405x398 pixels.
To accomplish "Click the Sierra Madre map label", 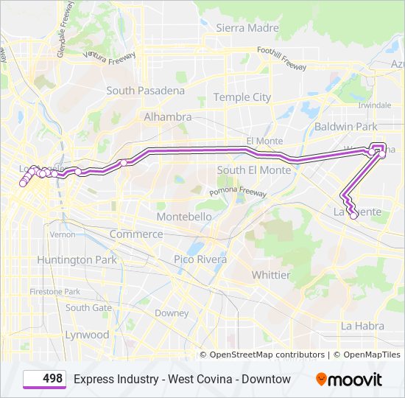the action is (x=247, y=28).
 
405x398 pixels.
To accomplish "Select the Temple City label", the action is (x=242, y=97).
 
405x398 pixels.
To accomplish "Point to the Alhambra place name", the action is (x=167, y=116).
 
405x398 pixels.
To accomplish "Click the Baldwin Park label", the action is (x=345, y=127).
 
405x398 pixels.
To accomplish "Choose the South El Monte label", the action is (x=251, y=170).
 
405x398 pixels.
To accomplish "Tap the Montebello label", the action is (x=184, y=217).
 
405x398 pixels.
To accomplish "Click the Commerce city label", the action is (x=136, y=234).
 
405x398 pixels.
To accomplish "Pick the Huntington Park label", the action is (x=77, y=259).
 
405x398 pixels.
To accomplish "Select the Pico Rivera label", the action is (x=200, y=259).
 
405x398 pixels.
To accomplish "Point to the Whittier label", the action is (x=271, y=275).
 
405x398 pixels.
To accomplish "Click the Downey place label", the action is (x=172, y=313).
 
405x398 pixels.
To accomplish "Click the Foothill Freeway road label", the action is (x=281, y=59).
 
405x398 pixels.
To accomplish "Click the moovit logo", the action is (x=348, y=380).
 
